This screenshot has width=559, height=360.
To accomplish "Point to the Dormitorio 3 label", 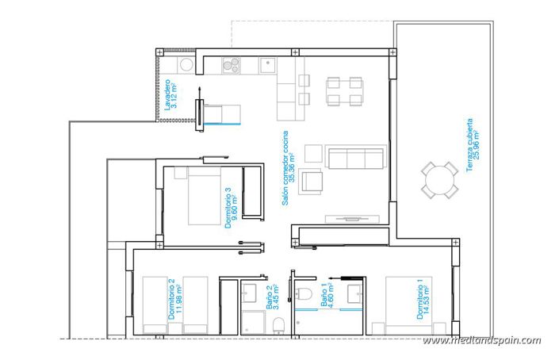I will tap(228, 208).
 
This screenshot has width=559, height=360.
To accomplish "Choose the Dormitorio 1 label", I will tap(420, 300).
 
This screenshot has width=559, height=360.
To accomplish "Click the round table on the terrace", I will tap(438, 179).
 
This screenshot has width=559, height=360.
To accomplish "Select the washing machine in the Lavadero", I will tap(186, 64).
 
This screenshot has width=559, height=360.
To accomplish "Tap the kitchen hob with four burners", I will tap(232, 65).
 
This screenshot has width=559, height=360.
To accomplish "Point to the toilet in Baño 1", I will tap(307, 294).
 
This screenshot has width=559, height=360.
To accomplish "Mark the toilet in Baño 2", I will tap(278, 325).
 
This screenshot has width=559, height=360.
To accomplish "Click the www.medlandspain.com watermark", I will tap(481, 340).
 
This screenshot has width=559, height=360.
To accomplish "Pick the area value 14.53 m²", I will tap(429, 301).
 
